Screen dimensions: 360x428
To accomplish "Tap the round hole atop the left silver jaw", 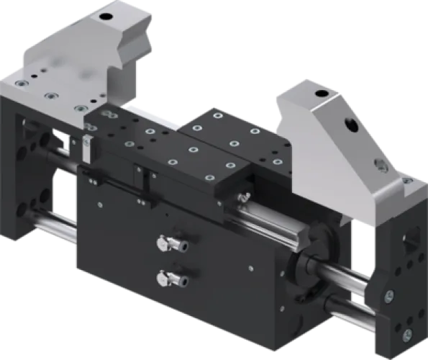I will (107, 16).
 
